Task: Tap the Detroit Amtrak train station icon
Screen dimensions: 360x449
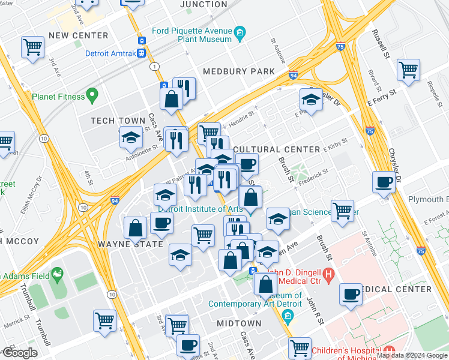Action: (142, 53)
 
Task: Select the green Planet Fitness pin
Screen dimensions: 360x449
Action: (92, 95)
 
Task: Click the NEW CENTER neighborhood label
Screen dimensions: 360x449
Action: (78, 35)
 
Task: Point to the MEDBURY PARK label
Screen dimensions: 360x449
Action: (238, 71)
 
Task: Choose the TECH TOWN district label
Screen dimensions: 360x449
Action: (118, 121)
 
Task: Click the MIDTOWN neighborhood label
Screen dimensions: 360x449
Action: (239, 323)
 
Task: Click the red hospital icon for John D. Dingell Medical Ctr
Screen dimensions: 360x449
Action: (328, 275)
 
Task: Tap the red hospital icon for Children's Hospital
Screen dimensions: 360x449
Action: (388, 349)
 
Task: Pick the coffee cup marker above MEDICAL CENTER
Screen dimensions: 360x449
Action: (351, 294)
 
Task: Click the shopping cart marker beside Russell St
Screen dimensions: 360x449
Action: (408, 69)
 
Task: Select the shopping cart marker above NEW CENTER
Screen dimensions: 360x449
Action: (32, 47)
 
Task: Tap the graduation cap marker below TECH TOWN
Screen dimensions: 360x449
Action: (131, 139)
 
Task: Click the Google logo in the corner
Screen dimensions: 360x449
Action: (19, 353)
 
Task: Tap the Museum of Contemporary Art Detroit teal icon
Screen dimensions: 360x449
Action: (289, 316)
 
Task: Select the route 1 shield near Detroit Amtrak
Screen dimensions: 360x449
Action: (155, 65)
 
